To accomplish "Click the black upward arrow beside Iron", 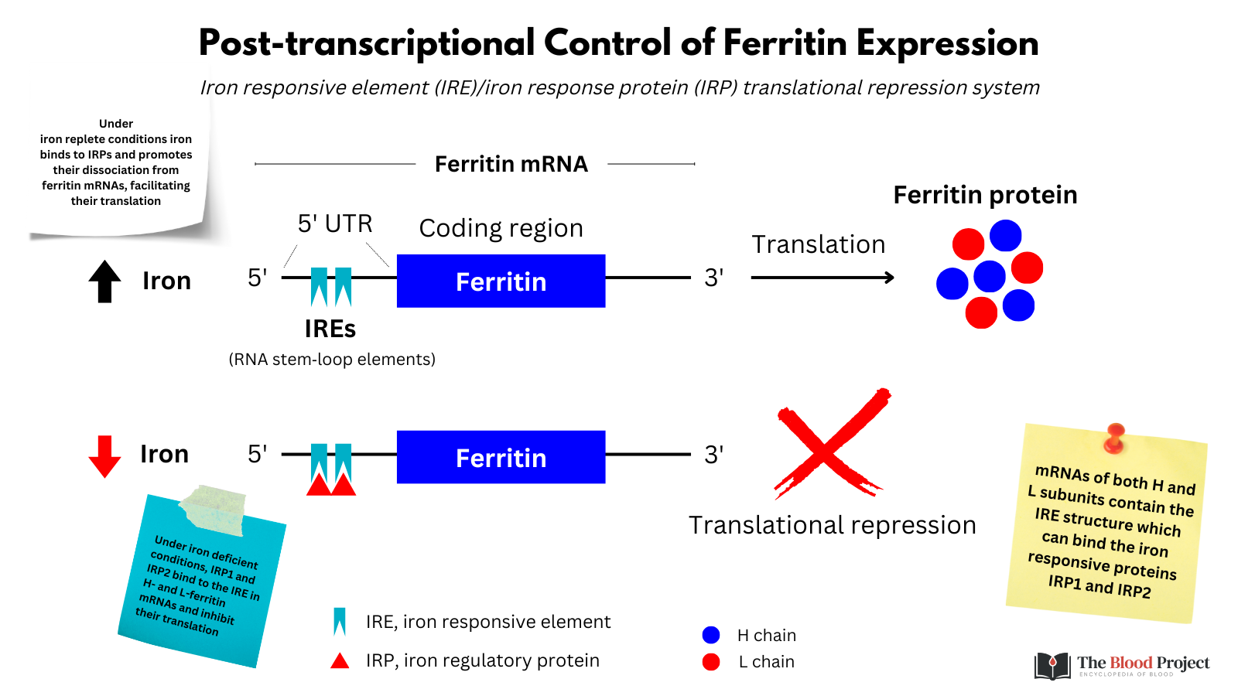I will click(104, 281).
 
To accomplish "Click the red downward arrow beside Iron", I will click(104, 455).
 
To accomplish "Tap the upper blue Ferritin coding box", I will click(501, 281).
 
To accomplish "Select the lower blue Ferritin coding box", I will click(501, 457).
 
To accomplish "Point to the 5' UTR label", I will click(335, 223).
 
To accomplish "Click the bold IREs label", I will click(330, 329).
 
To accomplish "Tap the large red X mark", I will click(830, 444).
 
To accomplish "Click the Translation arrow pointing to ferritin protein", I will click(822, 278).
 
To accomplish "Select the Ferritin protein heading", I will click(985, 195).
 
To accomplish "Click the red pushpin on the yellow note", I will click(1114, 437).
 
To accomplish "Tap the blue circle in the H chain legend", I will click(711, 635).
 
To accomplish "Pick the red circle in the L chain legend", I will click(711, 662).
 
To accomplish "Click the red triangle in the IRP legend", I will click(340, 661).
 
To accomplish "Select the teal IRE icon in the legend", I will click(339, 622).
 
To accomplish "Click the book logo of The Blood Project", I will click(1052, 665).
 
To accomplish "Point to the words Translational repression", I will click(832, 525).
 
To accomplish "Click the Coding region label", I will click(501, 228).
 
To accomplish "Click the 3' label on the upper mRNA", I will click(713, 278).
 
